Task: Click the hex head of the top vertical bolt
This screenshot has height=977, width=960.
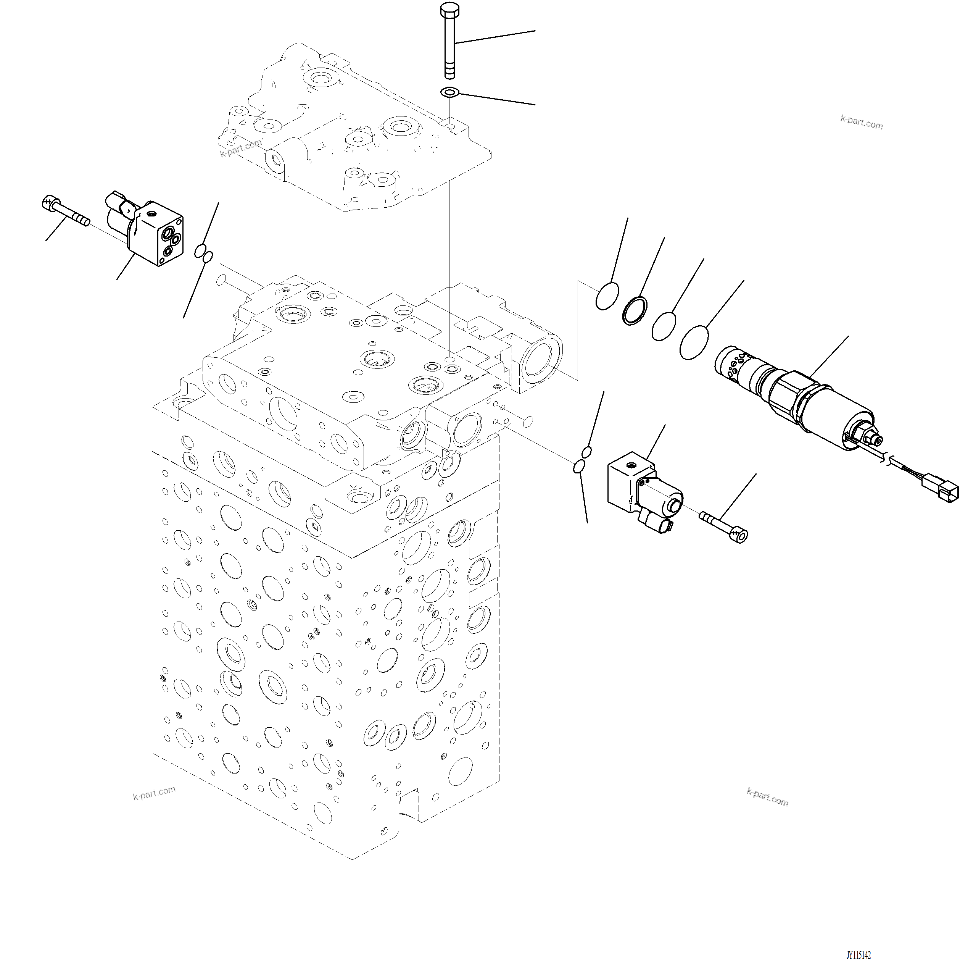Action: pyautogui.click(x=449, y=9)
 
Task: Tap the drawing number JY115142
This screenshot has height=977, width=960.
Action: pyautogui.click(x=858, y=955)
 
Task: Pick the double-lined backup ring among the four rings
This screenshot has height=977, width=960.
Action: pyautogui.click(x=635, y=311)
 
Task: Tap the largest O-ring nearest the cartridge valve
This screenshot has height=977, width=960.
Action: pyautogui.click(x=694, y=342)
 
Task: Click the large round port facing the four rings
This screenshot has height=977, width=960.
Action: pyautogui.click(x=541, y=359)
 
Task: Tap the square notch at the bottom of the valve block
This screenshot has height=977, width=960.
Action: pyautogui.click(x=408, y=809)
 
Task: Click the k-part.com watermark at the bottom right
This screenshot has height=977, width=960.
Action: pyautogui.click(x=767, y=798)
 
